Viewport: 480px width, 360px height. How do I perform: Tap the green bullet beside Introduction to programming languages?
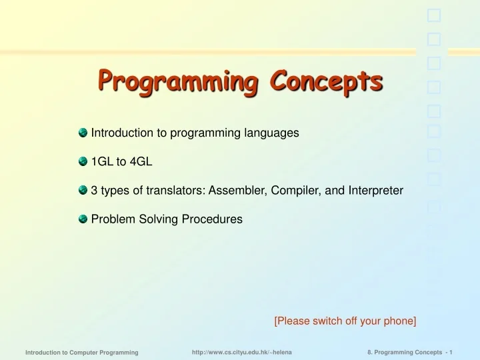83,133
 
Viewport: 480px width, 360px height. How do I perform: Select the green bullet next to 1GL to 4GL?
83,161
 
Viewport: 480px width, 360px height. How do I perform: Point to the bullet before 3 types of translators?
83,190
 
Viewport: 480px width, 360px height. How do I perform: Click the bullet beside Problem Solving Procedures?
83,219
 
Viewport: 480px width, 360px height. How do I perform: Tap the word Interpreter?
375,190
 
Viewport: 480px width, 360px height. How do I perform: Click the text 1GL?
102,161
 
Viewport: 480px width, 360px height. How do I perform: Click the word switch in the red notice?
320,321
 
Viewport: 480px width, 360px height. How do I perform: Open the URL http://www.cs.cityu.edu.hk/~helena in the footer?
241,351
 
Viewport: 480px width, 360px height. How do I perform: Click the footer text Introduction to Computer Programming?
81,351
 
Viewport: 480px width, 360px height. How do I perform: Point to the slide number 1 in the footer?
451,351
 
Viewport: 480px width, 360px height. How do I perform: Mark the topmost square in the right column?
433,15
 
